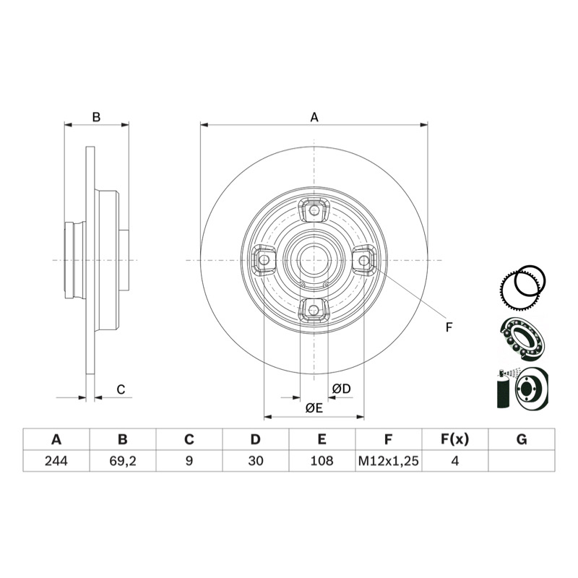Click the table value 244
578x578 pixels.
(56, 461)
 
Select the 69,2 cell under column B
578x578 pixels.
(123, 461)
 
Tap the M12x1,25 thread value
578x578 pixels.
(389, 461)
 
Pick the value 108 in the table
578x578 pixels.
(322, 461)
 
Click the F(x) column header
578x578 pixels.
(455, 439)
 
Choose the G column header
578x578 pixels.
(522, 439)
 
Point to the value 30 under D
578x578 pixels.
(256, 461)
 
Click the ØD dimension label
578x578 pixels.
(341, 389)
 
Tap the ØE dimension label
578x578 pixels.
(314, 408)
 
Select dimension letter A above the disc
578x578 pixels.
(314, 117)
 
